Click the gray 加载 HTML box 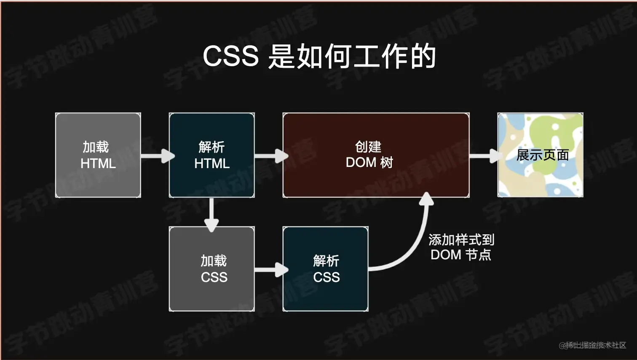pyautogui.click(x=98, y=155)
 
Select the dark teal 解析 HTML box pyautogui.click(x=211, y=155)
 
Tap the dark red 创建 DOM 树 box pyautogui.click(x=376, y=155)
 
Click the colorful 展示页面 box pyautogui.click(x=540, y=155)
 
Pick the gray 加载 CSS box pyautogui.click(x=211, y=269)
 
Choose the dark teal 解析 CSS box pyautogui.click(x=325, y=269)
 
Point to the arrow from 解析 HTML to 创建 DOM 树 pyautogui.click(x=271, y=156)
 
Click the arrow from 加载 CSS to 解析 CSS pyautogui.click(x=271, y=269)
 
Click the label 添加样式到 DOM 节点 pyautogui.click(x=461, y=247)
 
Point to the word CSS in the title pyautogui.click(x=230, y=56)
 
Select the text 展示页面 pyautogui.click(x=543, y=155)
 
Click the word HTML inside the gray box pyautogui.click(x=98, y=164)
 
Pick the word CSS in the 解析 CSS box pyautogui.click(x=327, y=277)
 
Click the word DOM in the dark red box pyautogui.click(x=361, y=163)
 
